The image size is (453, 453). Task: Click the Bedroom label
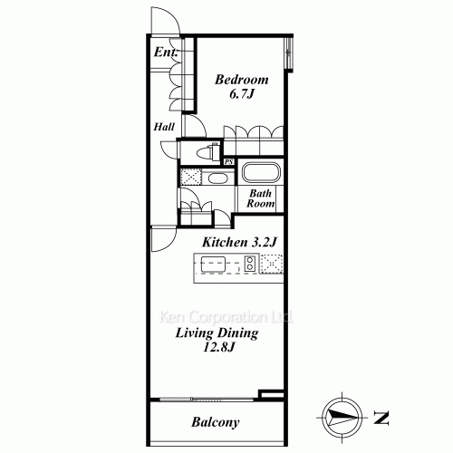tap(242, 80)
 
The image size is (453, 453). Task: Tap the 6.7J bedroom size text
tap(242, 94)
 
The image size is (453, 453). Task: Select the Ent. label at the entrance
tap(166, 53)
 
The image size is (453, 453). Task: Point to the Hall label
tap(164, 127)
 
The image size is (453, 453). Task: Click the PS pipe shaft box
tap(228, 162)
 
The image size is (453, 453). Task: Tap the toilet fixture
tap(208, 151)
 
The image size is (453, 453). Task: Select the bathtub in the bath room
tap(261, 173)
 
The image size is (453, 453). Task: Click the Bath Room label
tap(260, 198)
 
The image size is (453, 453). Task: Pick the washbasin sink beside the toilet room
tap(217, 178)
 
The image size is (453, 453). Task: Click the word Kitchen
tap(225, 242)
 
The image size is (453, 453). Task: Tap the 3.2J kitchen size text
tap(264, 242)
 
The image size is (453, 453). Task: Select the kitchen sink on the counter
tap(213, 264)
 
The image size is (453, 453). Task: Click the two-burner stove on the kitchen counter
tap(250, 264)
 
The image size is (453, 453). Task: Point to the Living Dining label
tap(217, 333)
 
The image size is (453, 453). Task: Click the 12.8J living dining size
tap(218, 347)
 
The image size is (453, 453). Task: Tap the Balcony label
tap(216, 422)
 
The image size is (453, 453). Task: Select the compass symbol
tap(342, 418)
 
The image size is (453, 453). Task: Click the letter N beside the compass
tap(381, 418)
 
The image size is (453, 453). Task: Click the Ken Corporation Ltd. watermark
tap(226, 317)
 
